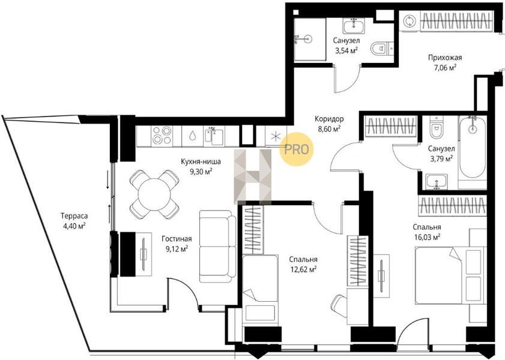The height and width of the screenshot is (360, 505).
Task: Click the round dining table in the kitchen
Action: tap(154, 194)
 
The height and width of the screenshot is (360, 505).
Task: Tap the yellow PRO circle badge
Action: tap(296, 149)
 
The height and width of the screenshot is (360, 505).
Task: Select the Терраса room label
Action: tap(74, 216)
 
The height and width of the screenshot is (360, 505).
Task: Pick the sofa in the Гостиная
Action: tap(217, 247)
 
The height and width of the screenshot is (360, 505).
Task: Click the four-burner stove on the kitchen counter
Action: tap(161, 135)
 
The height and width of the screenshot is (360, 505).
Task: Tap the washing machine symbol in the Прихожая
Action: tap(410, 21)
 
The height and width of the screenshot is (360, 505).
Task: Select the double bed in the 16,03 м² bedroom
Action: tap(450, 275)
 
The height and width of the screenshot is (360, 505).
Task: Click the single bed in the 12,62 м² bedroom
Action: tap(260, 288)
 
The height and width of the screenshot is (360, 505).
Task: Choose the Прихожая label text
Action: tap(445, 58)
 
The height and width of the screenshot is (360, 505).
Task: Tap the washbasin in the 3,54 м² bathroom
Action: tap(354, 26)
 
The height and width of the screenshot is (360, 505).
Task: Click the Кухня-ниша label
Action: tap(201, 161)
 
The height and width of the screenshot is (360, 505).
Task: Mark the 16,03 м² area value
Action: tap(427, 238)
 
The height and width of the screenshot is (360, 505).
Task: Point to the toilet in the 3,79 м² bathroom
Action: tap(437, 127)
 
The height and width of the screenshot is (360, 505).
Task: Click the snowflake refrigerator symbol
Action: tap(276, 136)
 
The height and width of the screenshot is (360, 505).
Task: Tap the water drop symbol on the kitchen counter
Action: tap(193, 136)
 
